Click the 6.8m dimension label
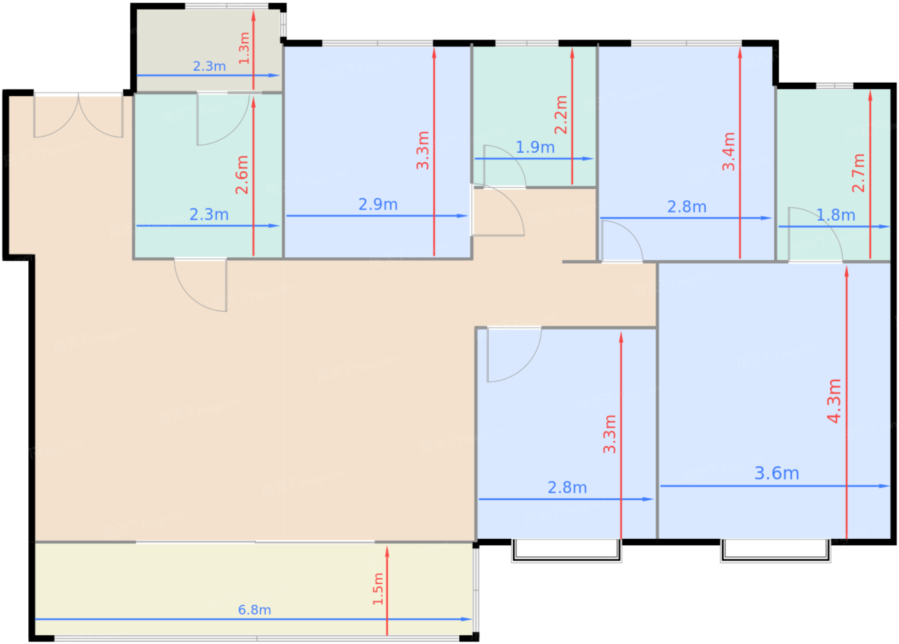click(x=254, y=610)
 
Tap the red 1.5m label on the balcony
click(x=378, y=589)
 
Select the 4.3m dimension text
click(x=834, y=401)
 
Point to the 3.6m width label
click(x=776, y=473)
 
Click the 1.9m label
click(x=535, y=147)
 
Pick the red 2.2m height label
click(x=561, y=115)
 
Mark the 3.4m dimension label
click(x=728, y=151)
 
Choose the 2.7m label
click(x=858, y=173)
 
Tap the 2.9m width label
click(x=378, y=205)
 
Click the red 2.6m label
click(x=241, y=175)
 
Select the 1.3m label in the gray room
click(x=244, y=48)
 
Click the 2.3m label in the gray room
click(x=209, y=66)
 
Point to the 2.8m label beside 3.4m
click(x=686, y=207)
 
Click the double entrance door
click(x=78, y=115)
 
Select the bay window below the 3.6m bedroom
click(x=775, y=550)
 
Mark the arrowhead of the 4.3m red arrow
click(x=846, y=271)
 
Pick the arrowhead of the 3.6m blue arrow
click(x=884, y=486)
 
